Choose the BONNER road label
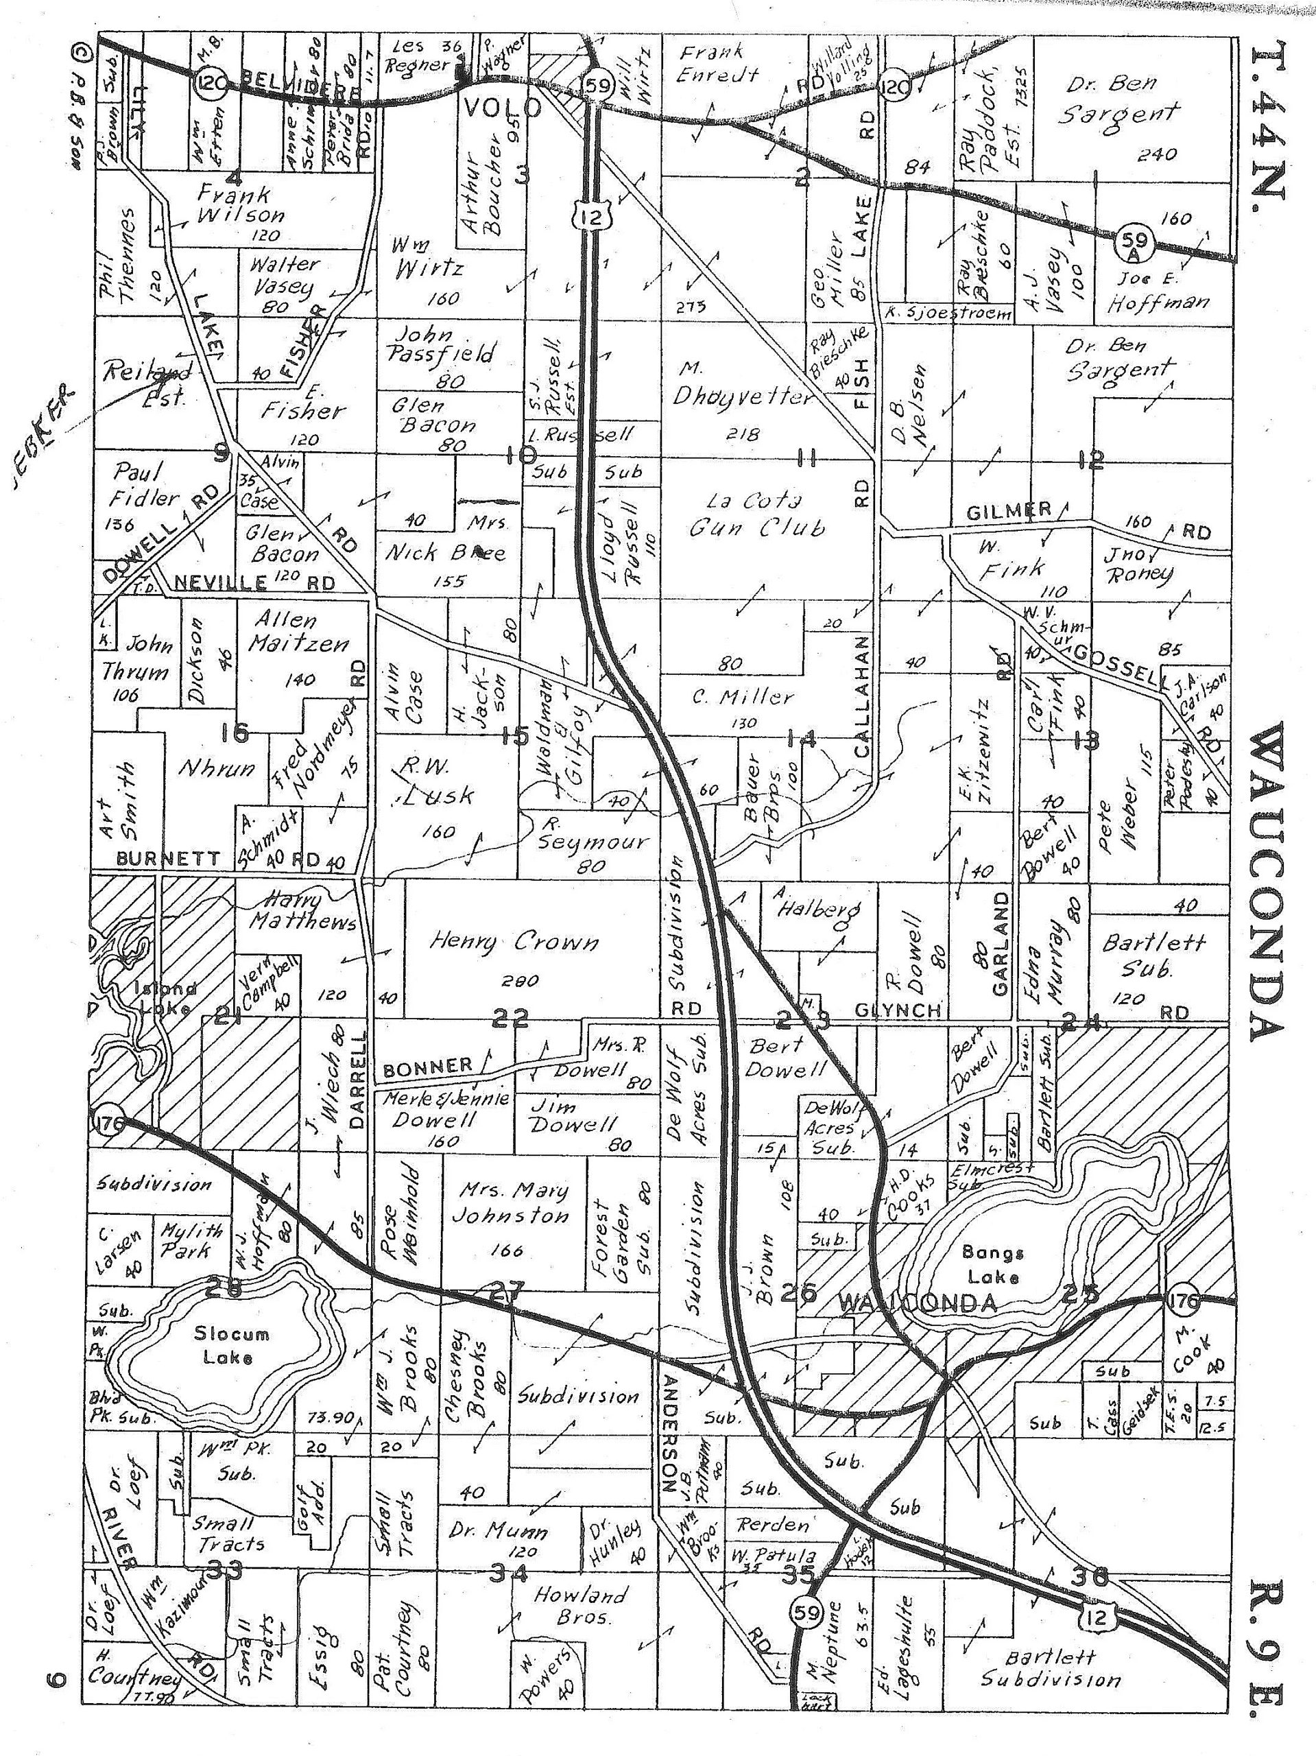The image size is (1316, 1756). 428,1069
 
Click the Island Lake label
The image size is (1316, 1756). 165,999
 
